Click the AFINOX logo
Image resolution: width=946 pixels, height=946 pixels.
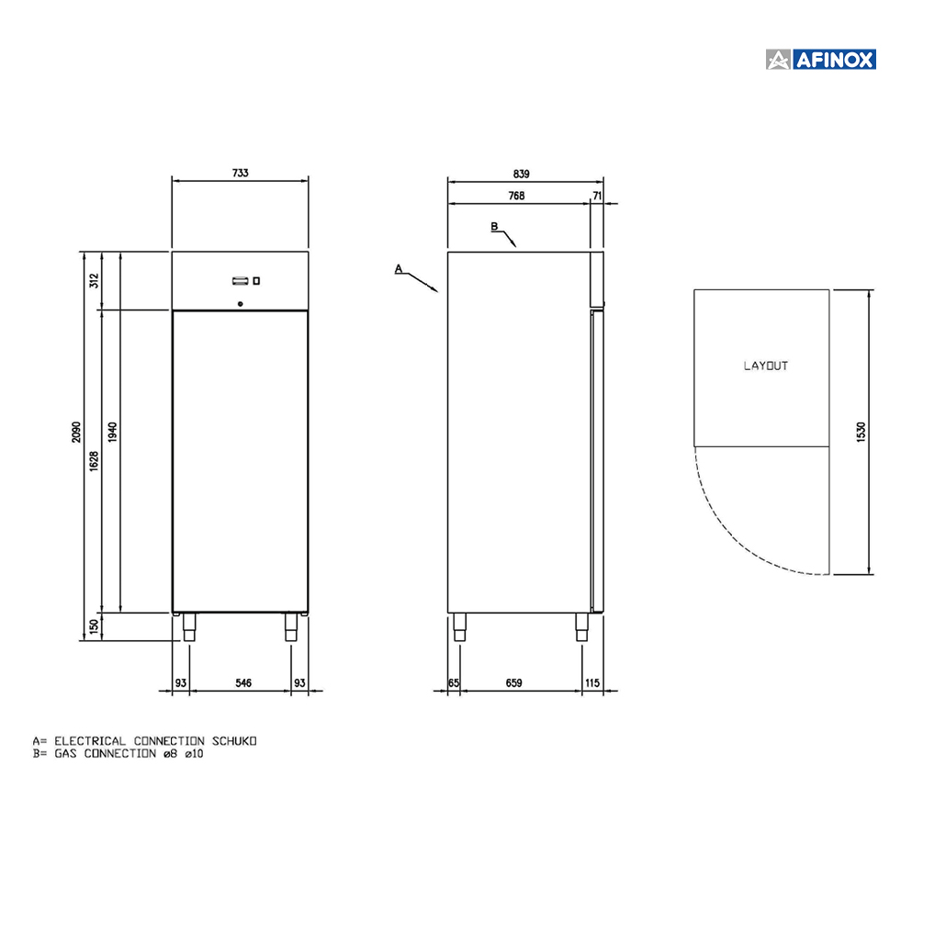[820, 60]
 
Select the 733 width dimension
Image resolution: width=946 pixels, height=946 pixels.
[240, 174]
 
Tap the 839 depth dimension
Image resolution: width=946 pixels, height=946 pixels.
[522, 174]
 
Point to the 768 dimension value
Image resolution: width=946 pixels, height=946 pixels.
[516, 196]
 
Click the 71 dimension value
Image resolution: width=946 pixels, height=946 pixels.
[597, 196]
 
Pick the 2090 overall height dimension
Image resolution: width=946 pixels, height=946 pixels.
[76, 432]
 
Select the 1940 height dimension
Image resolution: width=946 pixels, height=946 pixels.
[112, 432]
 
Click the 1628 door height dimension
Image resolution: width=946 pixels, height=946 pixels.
[94, 461]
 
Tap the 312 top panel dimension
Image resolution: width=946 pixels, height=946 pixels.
[94, 280]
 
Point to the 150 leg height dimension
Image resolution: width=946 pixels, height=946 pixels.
[94, 626]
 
